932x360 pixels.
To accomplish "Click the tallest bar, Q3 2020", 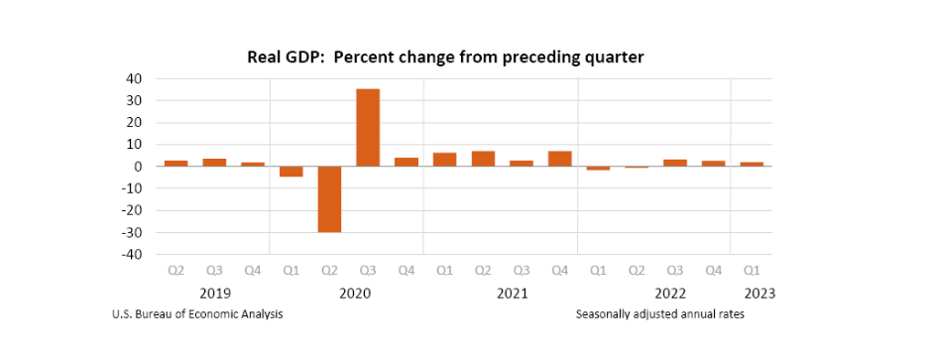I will point(368,127).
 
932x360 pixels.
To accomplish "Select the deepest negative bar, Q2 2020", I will point(329,198).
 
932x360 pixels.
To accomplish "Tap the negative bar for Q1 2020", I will point(291,172).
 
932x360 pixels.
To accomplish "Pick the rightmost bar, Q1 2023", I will point(752,164).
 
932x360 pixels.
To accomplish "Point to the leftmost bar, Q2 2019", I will point(175,163).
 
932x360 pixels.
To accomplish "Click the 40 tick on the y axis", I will point(135,78).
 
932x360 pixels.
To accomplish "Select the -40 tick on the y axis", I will point(133,255).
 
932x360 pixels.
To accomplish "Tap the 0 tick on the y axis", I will point(139,167).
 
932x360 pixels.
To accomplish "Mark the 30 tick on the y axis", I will point(135,100).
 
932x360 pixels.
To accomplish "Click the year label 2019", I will point(215,294).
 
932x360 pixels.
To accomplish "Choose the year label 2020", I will point(355,294).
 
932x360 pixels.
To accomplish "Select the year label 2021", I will point(512,294).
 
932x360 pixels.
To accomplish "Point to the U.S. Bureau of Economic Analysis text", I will point(198,314).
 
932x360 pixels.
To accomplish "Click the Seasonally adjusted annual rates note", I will point(659,314).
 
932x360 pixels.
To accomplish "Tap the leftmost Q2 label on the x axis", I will point(175,270).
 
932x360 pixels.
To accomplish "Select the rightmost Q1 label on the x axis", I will point(752,270).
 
